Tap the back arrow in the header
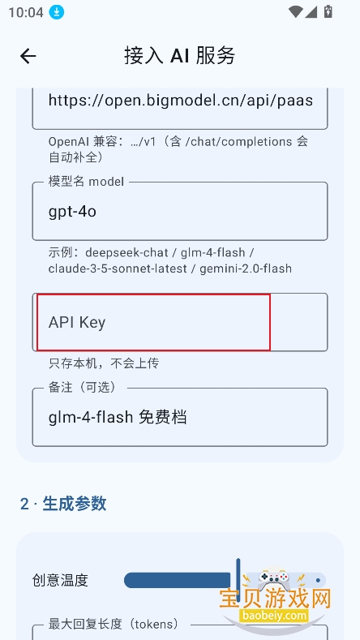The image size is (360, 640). point(28,56)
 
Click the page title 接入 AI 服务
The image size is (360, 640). point(179,55)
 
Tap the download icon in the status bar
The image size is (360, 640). point(57,12)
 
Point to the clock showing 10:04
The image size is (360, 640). point(26,12)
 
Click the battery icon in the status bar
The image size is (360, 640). point(328,11)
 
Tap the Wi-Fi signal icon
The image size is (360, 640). point(295,11)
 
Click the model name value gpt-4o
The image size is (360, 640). point(72,212)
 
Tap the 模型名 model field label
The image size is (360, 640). point(86,181)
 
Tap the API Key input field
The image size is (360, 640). point(180,322)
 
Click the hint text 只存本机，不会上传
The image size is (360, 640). point(104,363)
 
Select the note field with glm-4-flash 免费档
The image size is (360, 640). point(180,417)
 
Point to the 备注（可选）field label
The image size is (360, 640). point(83,388)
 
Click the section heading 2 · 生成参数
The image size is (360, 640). point(63,504)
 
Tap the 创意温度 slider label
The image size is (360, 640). point(60,580)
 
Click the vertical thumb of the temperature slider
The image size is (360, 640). point(238,580)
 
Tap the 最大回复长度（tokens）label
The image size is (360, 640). point(114,624)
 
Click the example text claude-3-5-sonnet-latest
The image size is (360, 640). point(118,268)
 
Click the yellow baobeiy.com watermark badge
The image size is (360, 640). point(273,615)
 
